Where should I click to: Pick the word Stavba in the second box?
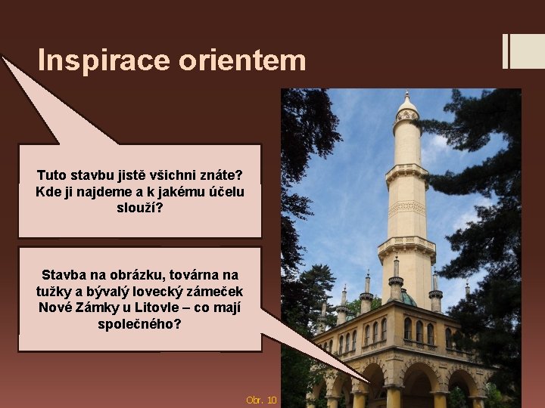pos(64,274)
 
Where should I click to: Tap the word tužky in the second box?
pos(54,291)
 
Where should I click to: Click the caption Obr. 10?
pos(261,399)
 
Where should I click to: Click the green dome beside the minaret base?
pos(407,298)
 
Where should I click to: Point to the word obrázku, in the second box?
pos(130,274)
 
